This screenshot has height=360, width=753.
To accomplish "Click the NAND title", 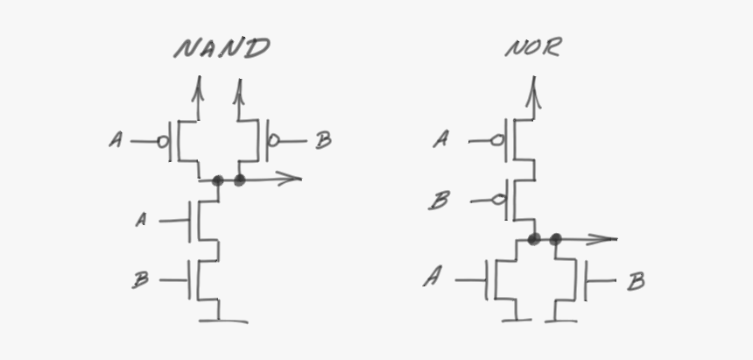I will [x=222, y=48].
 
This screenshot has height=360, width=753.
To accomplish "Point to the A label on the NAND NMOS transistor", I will [x=141, y=220].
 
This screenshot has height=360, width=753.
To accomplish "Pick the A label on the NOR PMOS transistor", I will [x=441, y=139].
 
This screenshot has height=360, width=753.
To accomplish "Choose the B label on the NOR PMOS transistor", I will [x=440, y=201].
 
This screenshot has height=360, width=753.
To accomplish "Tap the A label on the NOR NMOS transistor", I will [x=432, y=279].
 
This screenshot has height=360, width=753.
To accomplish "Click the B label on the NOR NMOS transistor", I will [x=637, y=281].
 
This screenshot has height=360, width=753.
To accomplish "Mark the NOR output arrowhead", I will [x=610, y=238].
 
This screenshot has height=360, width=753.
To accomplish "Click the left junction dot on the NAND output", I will [x=217, y=180].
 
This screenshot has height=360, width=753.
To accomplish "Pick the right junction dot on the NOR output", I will [x=555, y=238].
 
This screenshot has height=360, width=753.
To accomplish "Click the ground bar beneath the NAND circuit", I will [x=224, y=321].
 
